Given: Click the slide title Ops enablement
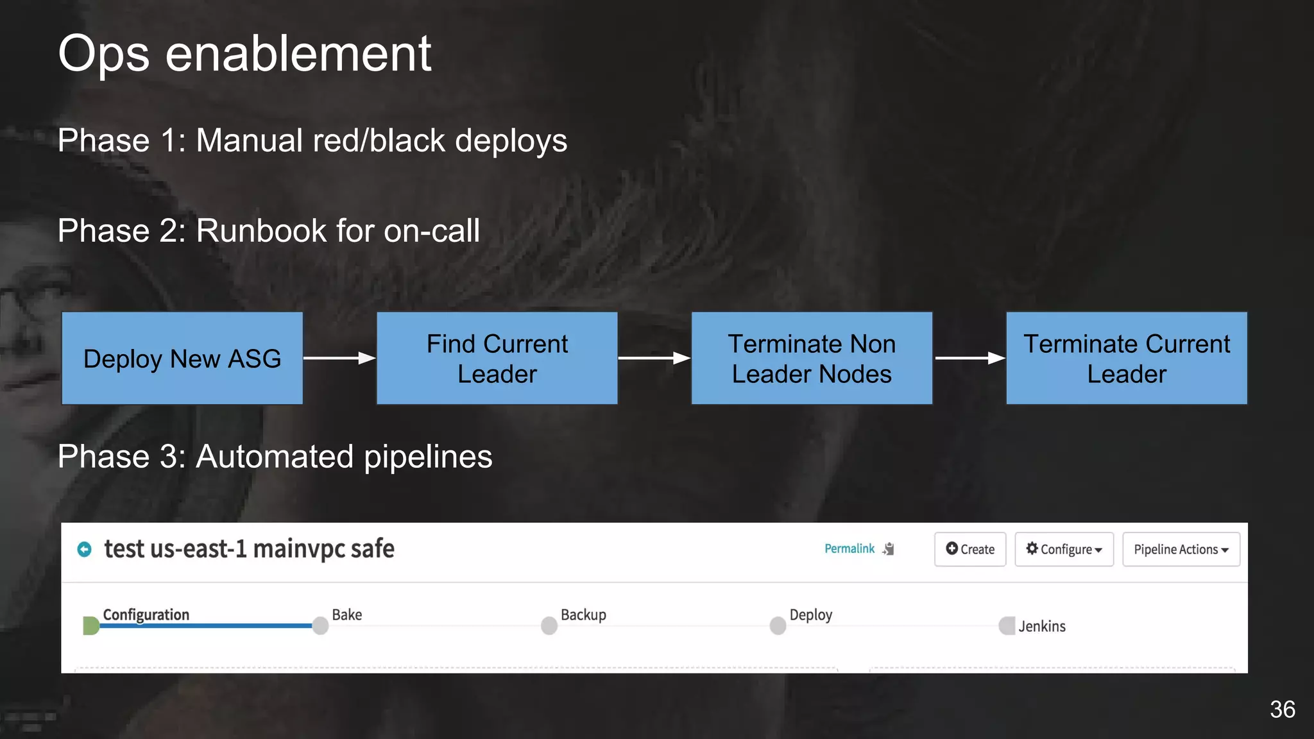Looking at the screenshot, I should [244, 54].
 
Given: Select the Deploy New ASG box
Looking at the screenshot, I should [182, 359].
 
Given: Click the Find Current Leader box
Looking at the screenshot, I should [497, 359].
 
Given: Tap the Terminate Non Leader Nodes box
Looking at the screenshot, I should [812, 359].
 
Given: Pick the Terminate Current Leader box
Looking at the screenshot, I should [1127, 359].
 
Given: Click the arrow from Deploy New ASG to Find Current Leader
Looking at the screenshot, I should [339, 358].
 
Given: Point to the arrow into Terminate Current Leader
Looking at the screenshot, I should [969, 358].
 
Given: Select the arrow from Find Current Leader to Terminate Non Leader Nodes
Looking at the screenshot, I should [654, 358].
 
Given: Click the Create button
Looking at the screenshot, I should [970, 549].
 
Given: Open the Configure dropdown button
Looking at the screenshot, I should [1064, 549].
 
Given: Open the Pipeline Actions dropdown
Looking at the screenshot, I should [1181, 549].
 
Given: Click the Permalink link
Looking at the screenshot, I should [849, 548].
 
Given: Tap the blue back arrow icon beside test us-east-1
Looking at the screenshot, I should [84, 549].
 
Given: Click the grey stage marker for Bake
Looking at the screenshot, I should [321, 625].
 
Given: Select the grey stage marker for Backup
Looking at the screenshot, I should [549, 625].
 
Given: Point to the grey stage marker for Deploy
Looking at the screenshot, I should [778, 625].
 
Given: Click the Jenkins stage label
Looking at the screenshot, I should [1042, 626].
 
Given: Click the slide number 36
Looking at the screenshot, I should [1282, 709].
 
